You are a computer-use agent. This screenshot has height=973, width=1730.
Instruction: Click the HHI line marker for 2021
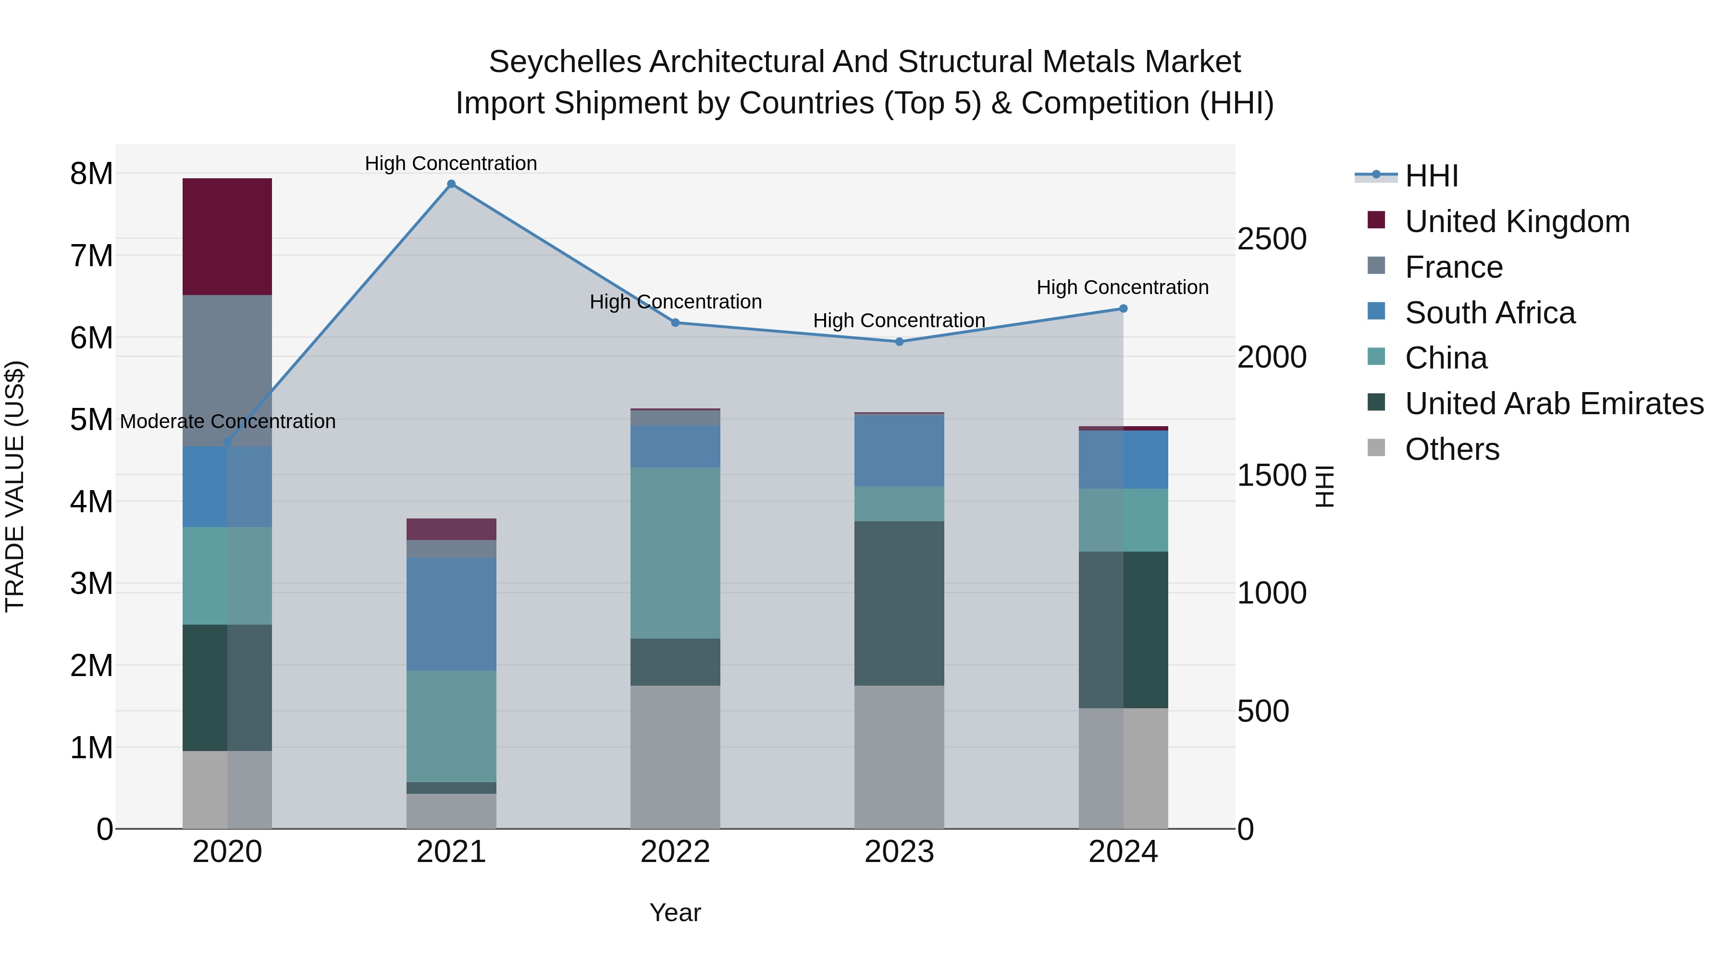[x=451, y=184]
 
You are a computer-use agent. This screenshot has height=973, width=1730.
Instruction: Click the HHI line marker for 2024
[x=1123, y=309]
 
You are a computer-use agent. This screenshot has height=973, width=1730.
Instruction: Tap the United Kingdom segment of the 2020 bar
[x=227, y=236]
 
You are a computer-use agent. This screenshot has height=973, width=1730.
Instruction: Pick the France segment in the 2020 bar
[x=227, y=370]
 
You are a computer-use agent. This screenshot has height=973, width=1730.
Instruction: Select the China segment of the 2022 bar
[x=675, y=553]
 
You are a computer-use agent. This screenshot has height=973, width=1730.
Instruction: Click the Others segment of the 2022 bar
[x=675, y=757]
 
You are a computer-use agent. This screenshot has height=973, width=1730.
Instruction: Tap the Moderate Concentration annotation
[x=228, y=422]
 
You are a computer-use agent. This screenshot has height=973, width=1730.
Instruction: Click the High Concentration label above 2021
[x=451, y=163]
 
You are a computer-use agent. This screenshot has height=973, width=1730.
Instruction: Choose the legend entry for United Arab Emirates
[x=1554, y=404]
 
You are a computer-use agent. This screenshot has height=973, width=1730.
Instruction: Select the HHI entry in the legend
[x=1431, y=176]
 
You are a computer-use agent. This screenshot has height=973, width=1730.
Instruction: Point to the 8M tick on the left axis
[x=91, y=174]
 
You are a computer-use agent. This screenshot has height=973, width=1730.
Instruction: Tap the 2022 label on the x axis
[x=675, y=852]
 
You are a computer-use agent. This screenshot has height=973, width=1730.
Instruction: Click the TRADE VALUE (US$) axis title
[x=15, y=486]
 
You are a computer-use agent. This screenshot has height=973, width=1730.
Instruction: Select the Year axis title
[x=675, y=912]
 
